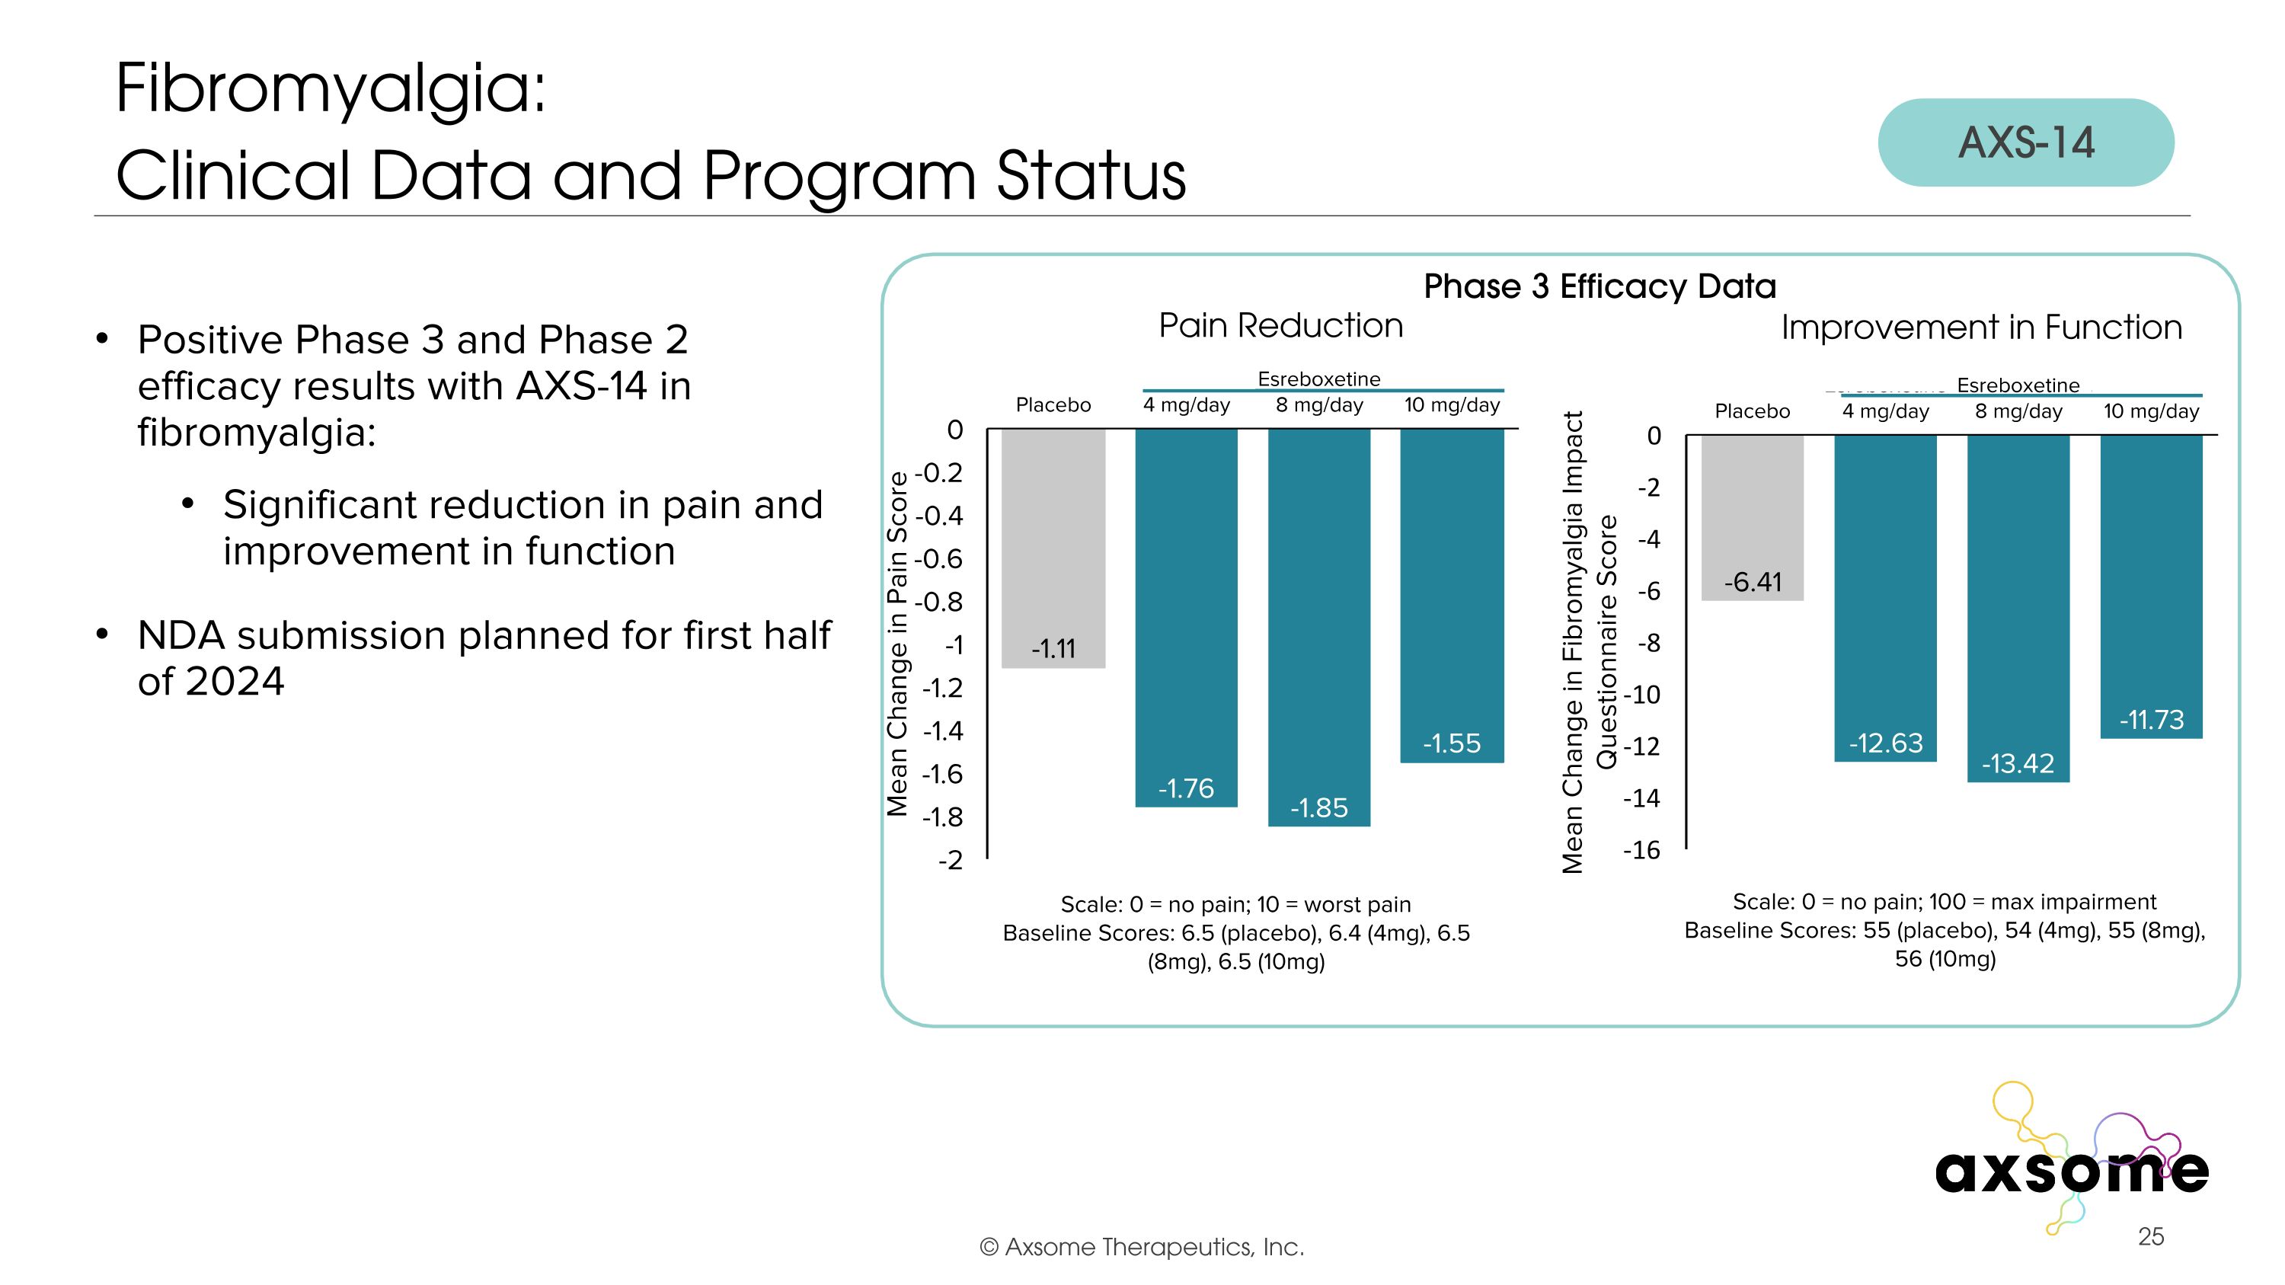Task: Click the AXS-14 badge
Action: click(x=2025, y=142)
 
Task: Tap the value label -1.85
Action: click(x=1318, y=808)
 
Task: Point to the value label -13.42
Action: click(x=2018, y=763)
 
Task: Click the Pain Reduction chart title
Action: click(x=1280, y=325)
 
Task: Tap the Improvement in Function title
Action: click(x=1981, y=328)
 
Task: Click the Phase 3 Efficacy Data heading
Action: click(x=1599, y=286)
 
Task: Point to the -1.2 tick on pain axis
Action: click(x=942, y=687)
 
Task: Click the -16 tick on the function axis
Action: click(x=1641, y=851)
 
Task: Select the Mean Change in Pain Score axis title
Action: click(x=898, y=643)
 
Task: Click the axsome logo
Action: click(x=2071, y=1171)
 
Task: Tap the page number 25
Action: click(x=2150, y=1236)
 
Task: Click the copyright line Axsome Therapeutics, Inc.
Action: click(x=1142, y=1247)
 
